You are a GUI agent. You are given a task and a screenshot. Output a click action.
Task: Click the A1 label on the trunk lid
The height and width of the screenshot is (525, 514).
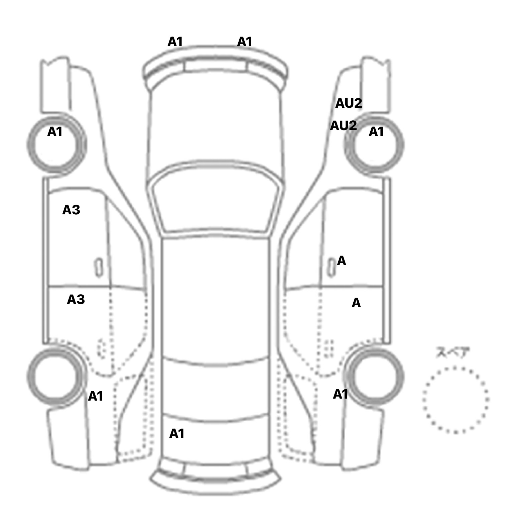177,434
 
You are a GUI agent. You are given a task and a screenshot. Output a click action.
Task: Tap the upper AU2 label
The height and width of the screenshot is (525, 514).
349,103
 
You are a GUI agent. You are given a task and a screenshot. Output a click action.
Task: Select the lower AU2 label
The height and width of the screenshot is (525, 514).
343,126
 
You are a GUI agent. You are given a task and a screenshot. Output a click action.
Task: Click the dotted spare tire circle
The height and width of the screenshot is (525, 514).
455,400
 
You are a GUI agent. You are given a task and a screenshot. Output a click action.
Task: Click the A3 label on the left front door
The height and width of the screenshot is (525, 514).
71,210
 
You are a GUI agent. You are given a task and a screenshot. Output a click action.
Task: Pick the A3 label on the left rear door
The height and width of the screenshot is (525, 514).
76,300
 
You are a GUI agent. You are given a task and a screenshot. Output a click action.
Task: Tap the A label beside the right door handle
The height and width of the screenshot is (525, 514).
342,261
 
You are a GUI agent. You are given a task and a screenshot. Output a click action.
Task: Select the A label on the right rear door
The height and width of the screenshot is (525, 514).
356,303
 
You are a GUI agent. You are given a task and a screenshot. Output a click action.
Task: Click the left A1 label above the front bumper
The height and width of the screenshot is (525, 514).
175,42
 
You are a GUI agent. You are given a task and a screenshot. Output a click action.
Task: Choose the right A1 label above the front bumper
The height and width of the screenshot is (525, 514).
245,42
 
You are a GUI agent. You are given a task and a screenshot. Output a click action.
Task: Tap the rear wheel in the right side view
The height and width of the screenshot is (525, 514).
374,376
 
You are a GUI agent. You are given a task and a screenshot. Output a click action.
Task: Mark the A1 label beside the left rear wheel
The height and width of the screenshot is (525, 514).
95,396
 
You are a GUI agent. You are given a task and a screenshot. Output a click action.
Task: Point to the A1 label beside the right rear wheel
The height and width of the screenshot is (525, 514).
341,394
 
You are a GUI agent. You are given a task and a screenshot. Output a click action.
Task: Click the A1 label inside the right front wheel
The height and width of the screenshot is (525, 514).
376,132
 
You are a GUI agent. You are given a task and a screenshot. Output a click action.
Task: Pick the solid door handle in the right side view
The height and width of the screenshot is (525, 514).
331,268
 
